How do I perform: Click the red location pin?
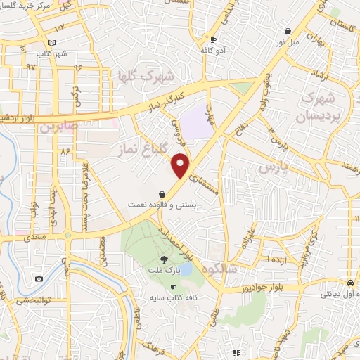pos(181,165)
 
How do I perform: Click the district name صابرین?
pos(56,128)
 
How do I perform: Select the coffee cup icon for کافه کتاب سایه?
pos(173,288)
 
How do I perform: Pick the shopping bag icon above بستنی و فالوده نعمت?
pos(162,193)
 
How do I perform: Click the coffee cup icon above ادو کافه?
pos(214,40)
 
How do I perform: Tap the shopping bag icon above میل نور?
pos(288,31)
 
